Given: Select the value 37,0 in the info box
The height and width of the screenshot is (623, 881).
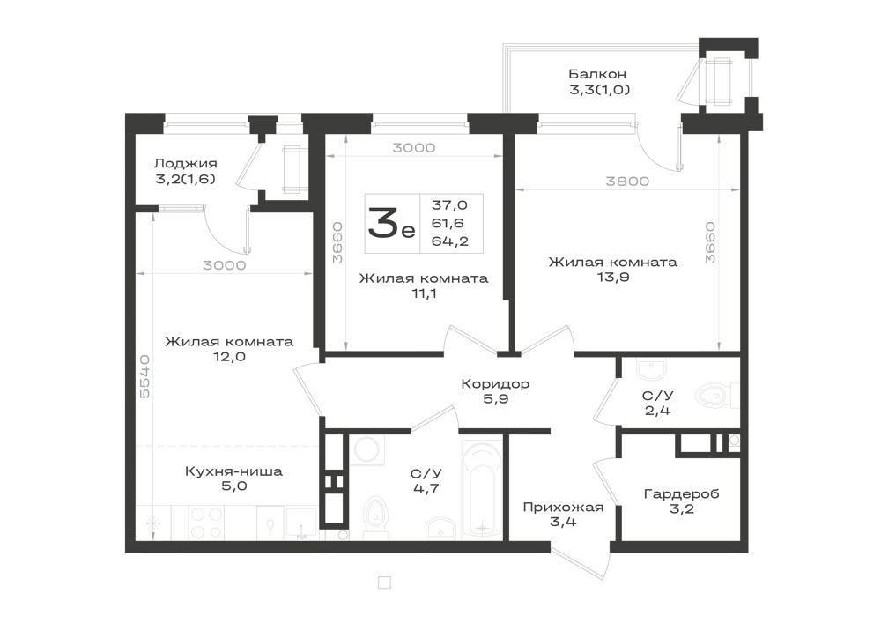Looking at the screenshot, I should point(449,205).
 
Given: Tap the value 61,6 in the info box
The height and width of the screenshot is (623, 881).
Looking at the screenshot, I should point(449,223).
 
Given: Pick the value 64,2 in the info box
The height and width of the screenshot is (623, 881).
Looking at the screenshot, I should point(449,241).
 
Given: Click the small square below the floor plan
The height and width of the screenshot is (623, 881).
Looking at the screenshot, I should point(383,582).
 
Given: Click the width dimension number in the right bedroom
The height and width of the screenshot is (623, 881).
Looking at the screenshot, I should point(626,182).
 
